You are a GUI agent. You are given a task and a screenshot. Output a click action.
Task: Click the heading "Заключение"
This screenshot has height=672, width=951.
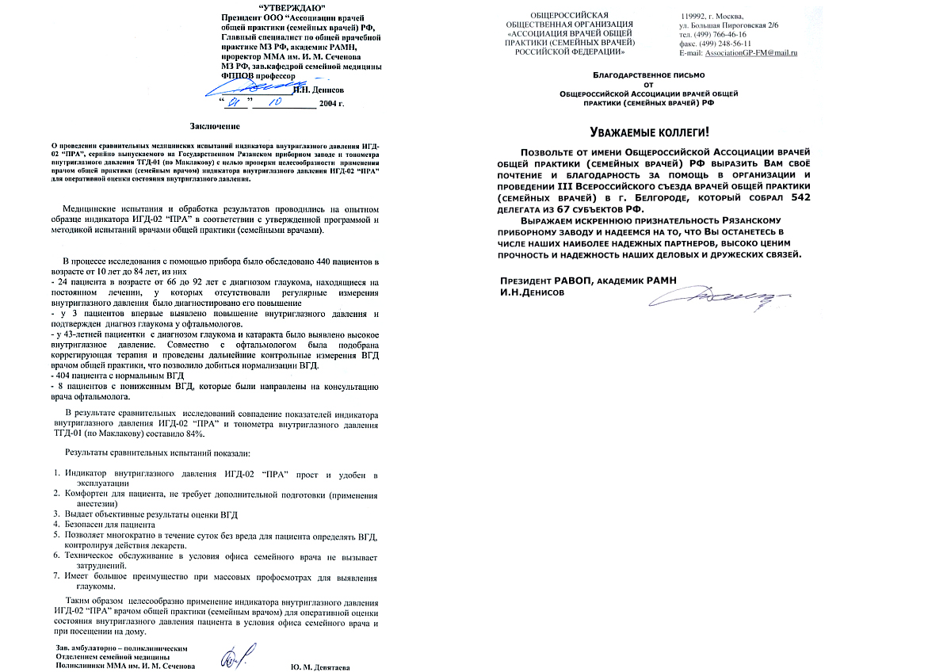coord(215,126)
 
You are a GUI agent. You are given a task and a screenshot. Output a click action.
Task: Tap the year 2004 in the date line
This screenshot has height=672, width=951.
coord(330,104)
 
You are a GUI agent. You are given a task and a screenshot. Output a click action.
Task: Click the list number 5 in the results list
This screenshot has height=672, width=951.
coord(57,536)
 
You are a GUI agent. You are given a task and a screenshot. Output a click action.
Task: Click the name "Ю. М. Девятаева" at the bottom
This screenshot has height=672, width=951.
coord(320,666)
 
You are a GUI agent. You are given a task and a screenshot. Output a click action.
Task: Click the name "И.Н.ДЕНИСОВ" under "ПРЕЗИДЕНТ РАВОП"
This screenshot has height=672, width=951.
coord(533,292)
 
